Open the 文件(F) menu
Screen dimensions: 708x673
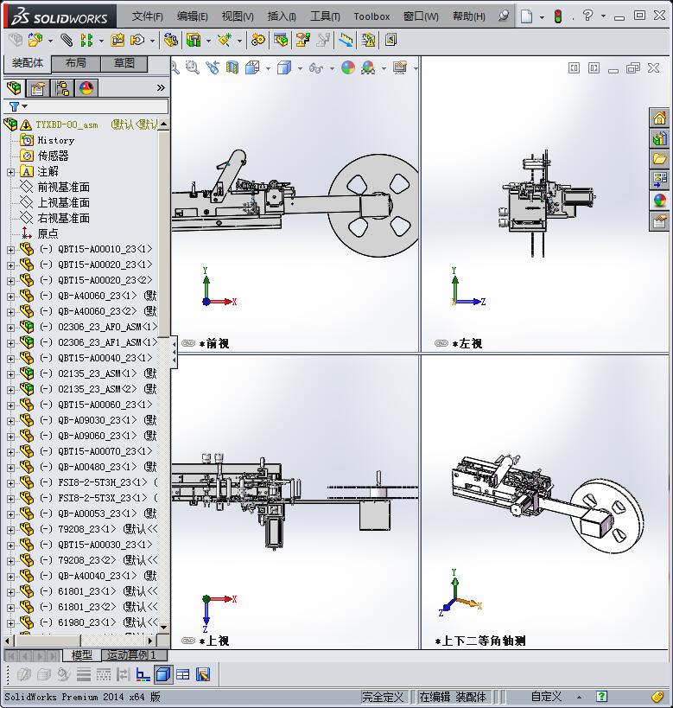click(147, 16)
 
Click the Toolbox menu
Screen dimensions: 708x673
click(371, 16)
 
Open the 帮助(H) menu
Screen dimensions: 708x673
click(468, 16)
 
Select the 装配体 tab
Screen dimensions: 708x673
click(28, 64)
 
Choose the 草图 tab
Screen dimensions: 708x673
click(124, 64)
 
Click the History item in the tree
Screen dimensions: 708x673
click(55, 140)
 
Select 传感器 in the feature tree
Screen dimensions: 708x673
click(53, 156)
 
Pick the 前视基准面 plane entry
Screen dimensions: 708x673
click(63, 187)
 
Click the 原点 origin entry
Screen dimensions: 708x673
click(48, 233)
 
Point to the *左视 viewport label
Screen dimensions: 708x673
click(467, 344)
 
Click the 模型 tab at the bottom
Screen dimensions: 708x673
click(82, 655)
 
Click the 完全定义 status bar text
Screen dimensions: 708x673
click(383, 697)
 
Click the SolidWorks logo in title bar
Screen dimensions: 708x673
click(60, 16)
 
